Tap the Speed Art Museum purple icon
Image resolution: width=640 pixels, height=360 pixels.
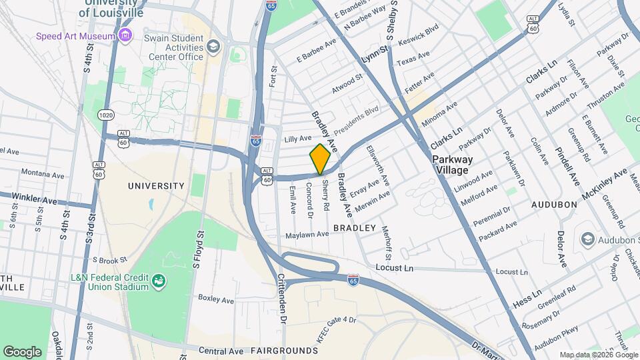[125, 35]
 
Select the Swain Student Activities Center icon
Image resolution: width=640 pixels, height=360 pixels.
[213, 46]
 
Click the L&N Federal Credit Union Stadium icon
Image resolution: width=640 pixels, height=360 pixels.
[159, 281]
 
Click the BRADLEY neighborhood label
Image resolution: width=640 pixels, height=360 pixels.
[350, 228]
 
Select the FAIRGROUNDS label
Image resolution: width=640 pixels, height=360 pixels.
[285, 351]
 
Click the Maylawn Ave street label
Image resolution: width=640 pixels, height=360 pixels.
[307, 235]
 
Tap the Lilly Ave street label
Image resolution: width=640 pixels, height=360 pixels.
[297, 139]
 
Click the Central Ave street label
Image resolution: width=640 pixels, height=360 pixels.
[221, 351]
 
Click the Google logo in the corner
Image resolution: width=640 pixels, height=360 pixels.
[22, 351]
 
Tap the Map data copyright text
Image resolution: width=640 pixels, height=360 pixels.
[598, 355]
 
